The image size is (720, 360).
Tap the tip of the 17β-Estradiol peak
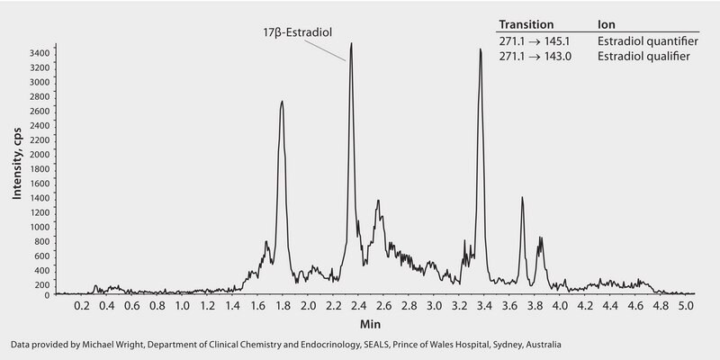[351, 43]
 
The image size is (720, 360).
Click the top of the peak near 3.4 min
[481, 49]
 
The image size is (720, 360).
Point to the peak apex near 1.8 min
[282, 102]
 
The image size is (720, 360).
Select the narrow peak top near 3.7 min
[522, 198]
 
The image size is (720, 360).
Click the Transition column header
[526, 24]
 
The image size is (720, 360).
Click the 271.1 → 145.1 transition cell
[538, 40]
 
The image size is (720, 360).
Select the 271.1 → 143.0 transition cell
[538, 56]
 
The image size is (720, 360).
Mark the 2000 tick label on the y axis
[40, 155]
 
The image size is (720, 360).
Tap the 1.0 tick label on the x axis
[182, 306]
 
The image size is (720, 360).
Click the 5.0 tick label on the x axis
[685, 306]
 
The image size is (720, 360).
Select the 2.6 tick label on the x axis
[383, 306]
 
